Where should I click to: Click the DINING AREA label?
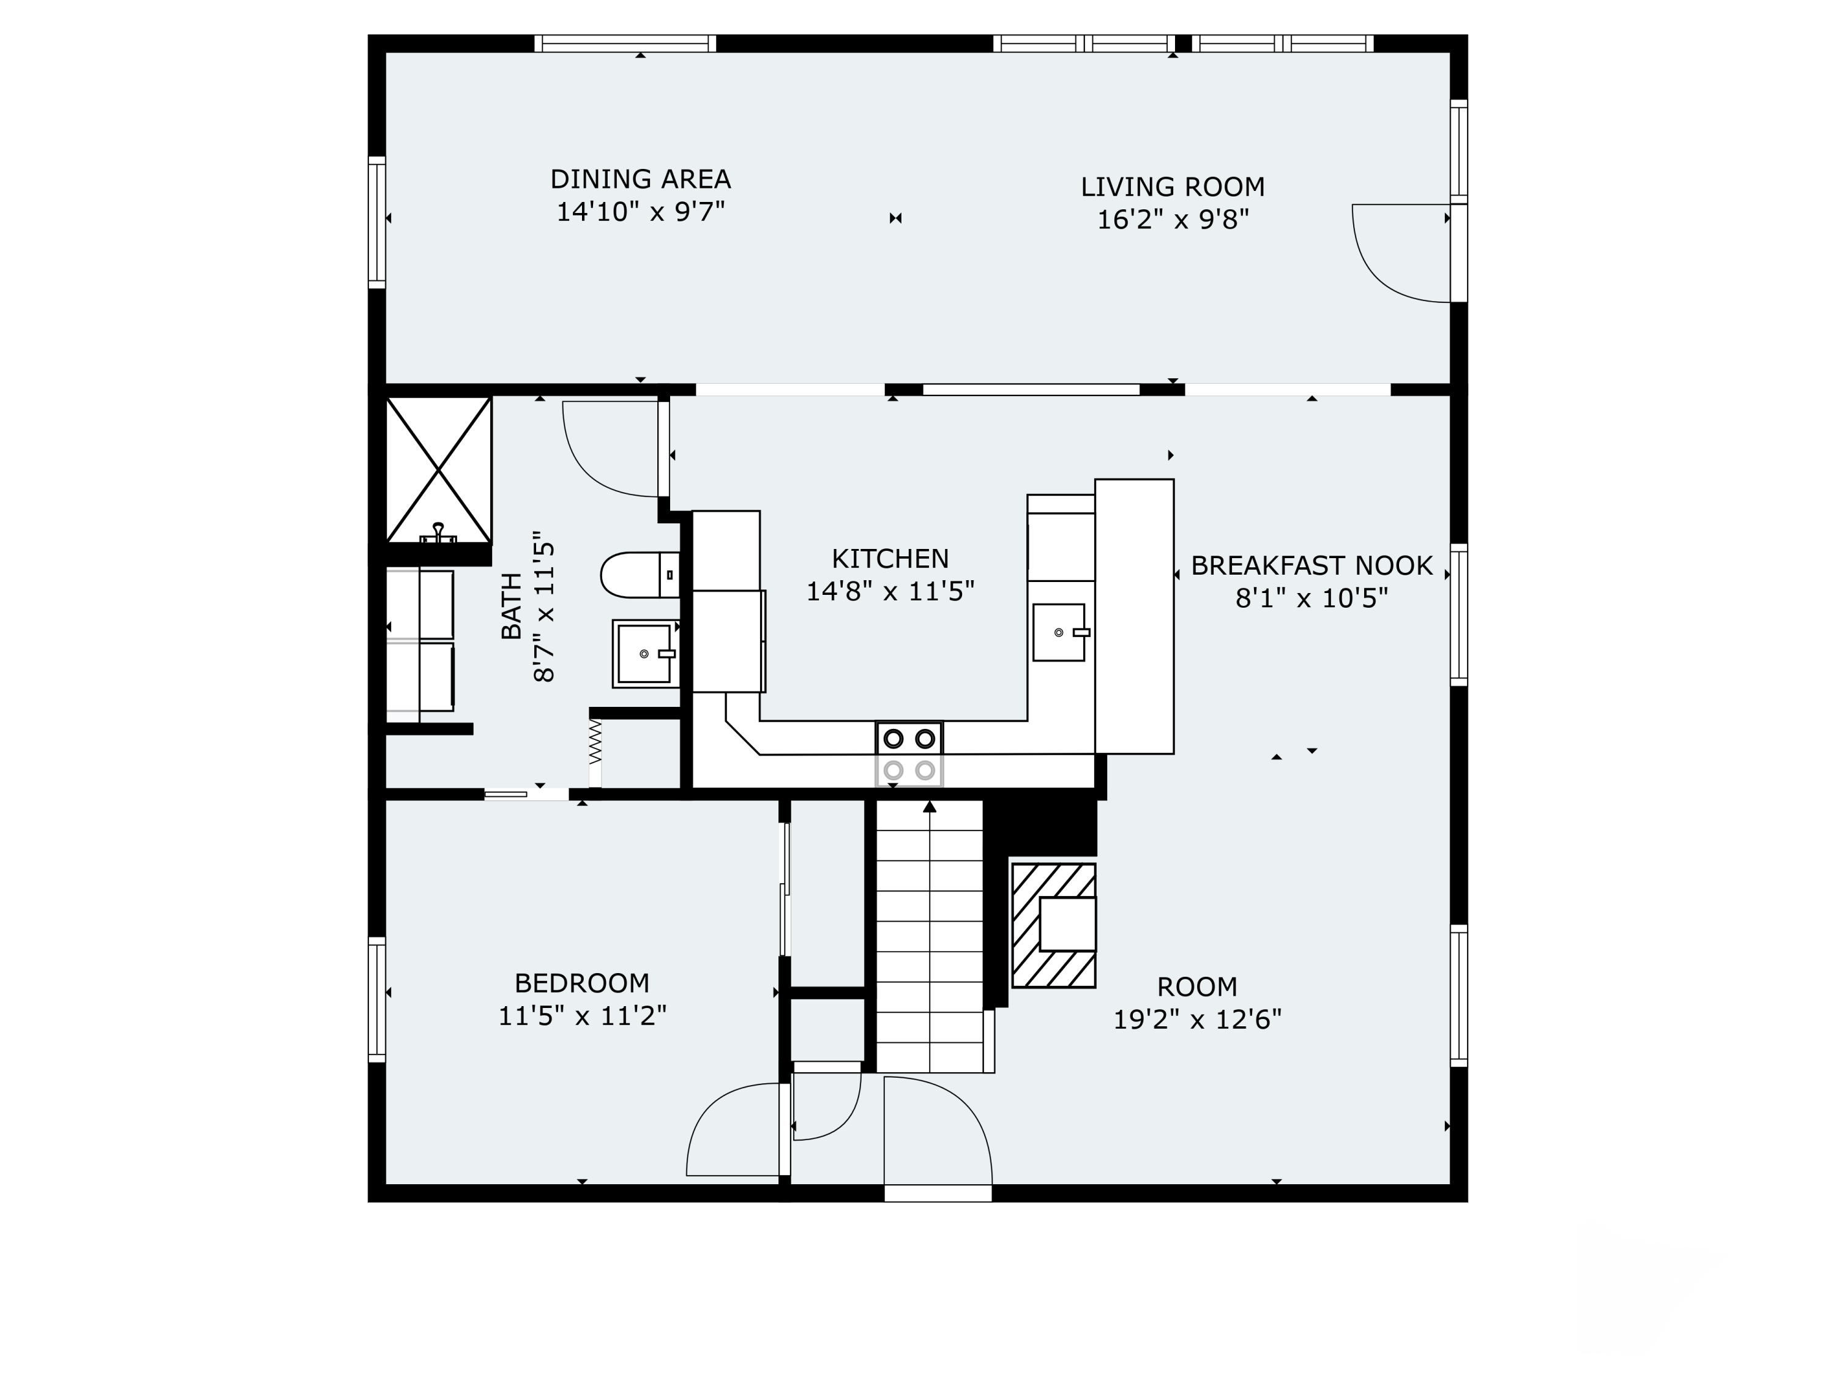pyautogui.click(x=640, y=179)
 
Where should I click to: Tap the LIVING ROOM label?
pyautogui.click(x=1173, y=187)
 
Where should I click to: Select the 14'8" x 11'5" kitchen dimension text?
pyautogui.click(x=890, y=591)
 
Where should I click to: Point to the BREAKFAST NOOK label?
pyautogui.click(x=1312, y=565)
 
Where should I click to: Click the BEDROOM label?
pyautogui.click(x=582, y=983)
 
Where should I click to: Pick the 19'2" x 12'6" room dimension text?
pyautogui.click(x=1197, y=1019)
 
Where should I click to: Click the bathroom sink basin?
pyautogui.click(x=646, y=653)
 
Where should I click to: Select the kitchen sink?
pyautogui.click(x=1060, y=632)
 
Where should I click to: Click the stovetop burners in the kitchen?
pyautogui.click(x=909, y=753)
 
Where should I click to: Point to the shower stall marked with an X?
pyautogui.click(x=438, y=470)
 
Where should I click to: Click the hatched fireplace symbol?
pyautogui.click(x=1053, y=925)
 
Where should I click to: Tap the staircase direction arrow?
pyautogui.click(x=930, y=806)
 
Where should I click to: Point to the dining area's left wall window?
pyautogui.click(x=377, y=222)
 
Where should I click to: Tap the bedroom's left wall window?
pyautogui.click(x=377, y=999)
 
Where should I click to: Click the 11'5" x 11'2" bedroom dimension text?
pyautogui.click(x=582, y=1016)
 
